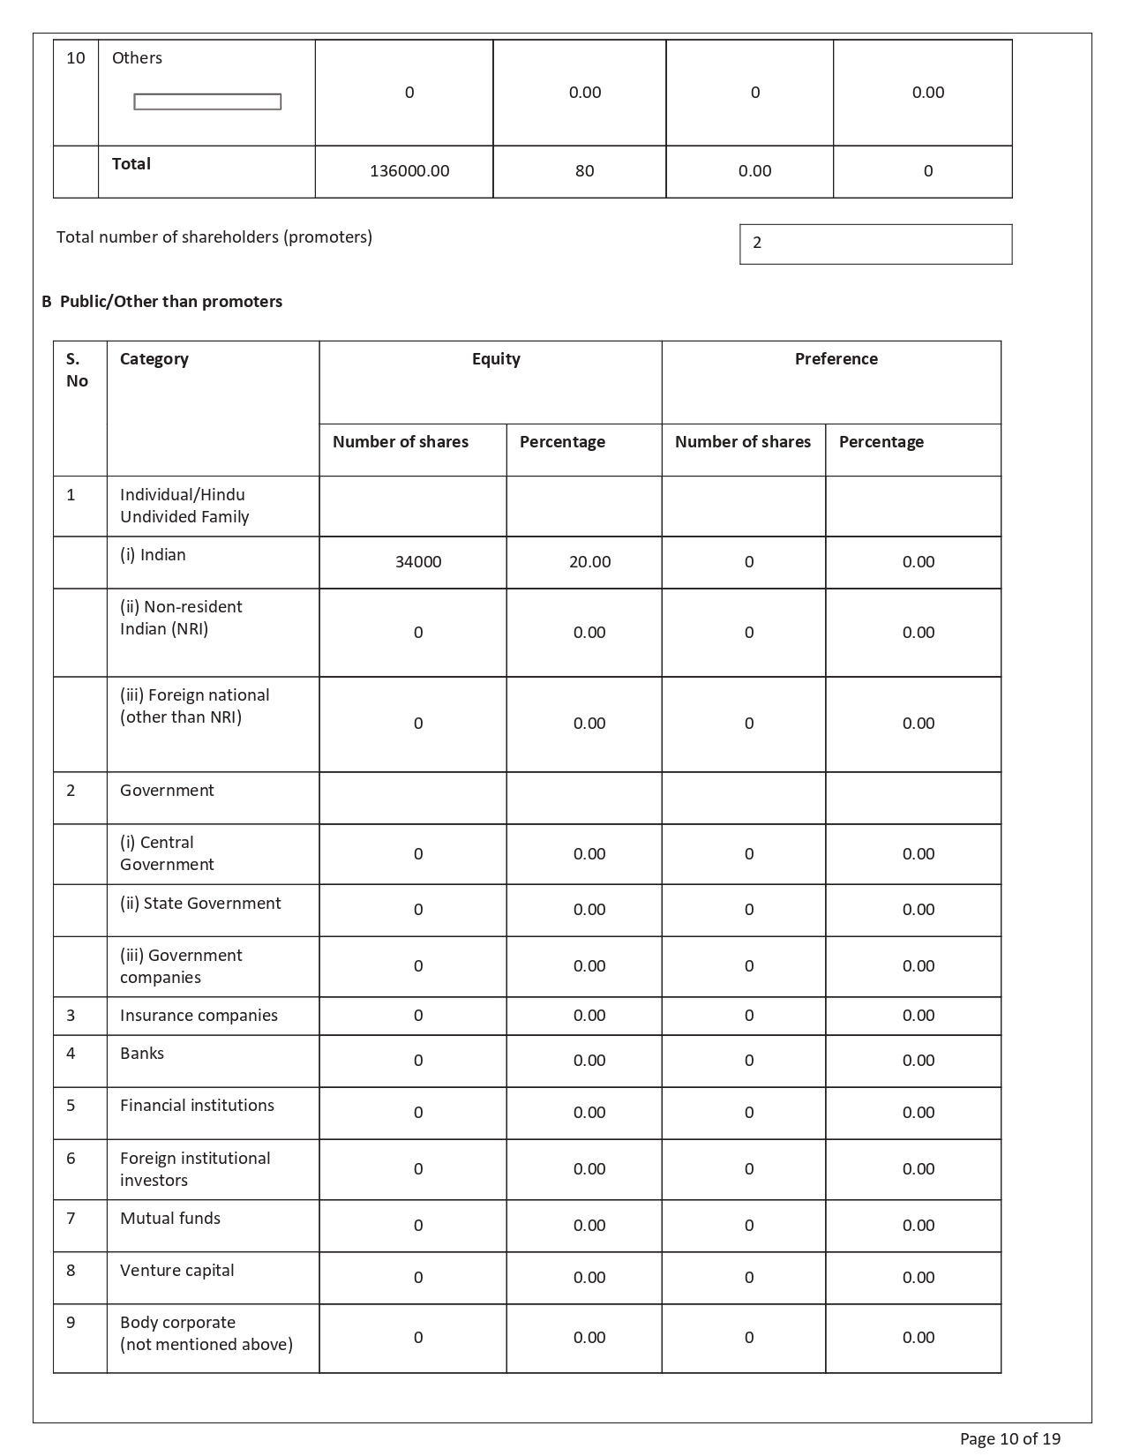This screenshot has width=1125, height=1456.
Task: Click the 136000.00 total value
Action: (x=409, y=171)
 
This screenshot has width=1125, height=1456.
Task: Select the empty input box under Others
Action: (x=207, y=102)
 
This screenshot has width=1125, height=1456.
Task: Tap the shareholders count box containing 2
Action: (x=875, y=244)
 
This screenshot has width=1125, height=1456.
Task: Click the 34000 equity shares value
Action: (x=418, y=562)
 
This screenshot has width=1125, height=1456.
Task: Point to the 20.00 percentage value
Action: (x=589, y=562)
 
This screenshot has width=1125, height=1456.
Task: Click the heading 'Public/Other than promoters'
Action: (x=170, y=302)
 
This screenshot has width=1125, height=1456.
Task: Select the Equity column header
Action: (x=496, y=359)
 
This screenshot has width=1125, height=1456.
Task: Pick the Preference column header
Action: (x=836, y=359)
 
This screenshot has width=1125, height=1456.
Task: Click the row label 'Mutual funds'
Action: (x=170, y=1219)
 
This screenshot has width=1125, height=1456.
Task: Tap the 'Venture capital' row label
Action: (x=176, y=1271)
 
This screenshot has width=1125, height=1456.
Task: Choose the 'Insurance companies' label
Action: (x=199, y=1016)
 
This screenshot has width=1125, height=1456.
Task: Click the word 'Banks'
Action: (x=142, y=1054)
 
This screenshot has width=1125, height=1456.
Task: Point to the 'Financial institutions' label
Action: (x=197, y=1106)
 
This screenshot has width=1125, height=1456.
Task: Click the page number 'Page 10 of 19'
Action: (x=1009, y=1439)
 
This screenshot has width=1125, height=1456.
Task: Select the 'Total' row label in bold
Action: (x=131, y=164)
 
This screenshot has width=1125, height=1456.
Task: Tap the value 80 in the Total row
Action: (x=584, y=171)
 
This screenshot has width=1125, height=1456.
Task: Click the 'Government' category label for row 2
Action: (x=167, y=791)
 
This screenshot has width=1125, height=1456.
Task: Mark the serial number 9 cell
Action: (x=71, y=1323)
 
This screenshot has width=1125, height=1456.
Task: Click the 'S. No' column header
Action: (x=77, y=370)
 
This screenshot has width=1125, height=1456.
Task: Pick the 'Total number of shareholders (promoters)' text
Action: (x=214, y=237)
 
